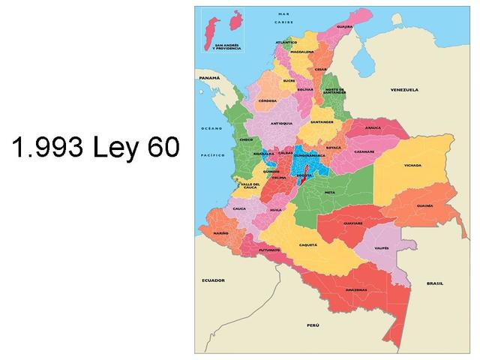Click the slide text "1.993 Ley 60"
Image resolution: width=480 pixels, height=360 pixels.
(96, 147)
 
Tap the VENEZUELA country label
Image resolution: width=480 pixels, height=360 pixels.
(403, 89)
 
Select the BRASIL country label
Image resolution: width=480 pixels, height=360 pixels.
(434, 283)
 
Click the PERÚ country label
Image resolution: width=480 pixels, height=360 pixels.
(313, 325)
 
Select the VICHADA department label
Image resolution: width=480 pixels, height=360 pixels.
(412, 165)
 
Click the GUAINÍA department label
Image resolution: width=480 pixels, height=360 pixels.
(424, 205)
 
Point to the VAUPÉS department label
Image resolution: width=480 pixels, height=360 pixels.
(381, 247)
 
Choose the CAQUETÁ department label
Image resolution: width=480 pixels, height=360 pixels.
(308, 244)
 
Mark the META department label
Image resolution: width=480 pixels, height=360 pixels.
(328, 192)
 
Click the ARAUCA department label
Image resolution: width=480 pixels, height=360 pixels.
(373, 128)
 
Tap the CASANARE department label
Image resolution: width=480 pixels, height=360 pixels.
(364, 151)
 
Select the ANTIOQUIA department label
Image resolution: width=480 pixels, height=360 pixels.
(281, 123)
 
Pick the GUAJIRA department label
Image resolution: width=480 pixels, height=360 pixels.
(345, 26)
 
